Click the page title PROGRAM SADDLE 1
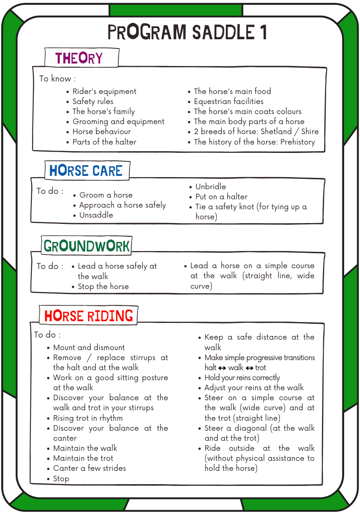click(x=187, y=33)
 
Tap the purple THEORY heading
click(x=79, y=58)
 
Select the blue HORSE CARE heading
click(x=86, y=171)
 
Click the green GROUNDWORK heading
click(x=86, y=246)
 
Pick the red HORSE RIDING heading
click(x=89, y=316)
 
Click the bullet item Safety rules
click(x=93, y=102)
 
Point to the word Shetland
click(x=276, y=132)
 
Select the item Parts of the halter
click(x=104, y=142)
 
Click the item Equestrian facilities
click(x=228, y=102)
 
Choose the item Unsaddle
click(x=96, y=215)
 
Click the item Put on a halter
click(x=221, y=197)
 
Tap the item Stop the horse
click(x=103, y=287)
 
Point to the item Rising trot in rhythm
click(x=88, y=418)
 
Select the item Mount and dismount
click(x=89, y=348)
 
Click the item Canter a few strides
click(x=89, y=468)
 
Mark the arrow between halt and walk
click(x=222, y=368)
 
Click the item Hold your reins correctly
click(x=242, y=378)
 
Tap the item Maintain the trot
click(x=83, y=458)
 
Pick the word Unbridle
click(x=210, y=187)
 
